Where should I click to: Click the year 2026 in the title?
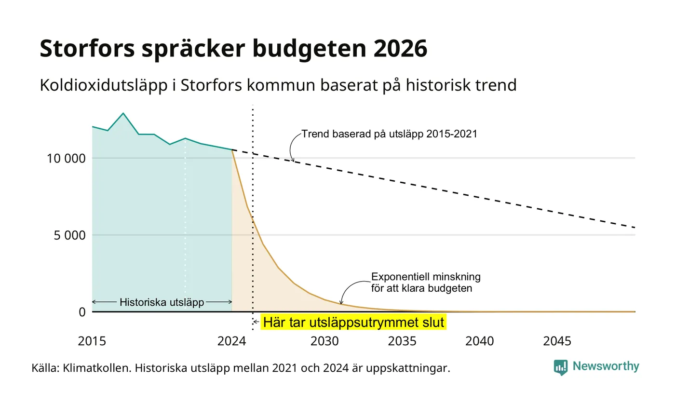[x=400, y=48]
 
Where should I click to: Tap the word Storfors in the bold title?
[x=87, y=48]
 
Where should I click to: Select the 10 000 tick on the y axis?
[x=67, y=158]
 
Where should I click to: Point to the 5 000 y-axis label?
[x=69, y=235]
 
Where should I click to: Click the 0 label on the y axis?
[x=82, y=312]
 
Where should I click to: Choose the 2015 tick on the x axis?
[x=92, y=341]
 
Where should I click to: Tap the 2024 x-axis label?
[x=232, y=341]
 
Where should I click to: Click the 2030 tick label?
[x=324, y=341]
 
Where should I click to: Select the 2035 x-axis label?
[x=402, y=341]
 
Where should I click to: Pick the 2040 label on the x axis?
[x=479, y=341]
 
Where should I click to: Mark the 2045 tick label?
[x=557, y=341]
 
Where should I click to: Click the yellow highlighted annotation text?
[x=353, y=322]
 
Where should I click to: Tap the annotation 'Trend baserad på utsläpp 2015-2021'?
[x=390, y=134]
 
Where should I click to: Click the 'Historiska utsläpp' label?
[x=162, y=302]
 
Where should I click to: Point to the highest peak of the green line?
[x=123, y=113]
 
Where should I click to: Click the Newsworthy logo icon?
[x=560, y=367]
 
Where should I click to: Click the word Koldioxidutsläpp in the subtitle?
[x=104, y=85]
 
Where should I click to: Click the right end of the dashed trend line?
[x=635, y=228]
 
